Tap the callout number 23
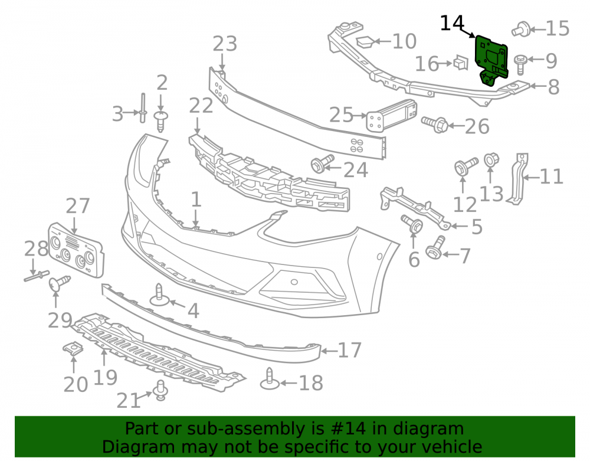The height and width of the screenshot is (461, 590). point(225,44)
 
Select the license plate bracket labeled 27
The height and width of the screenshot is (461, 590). point(76,250)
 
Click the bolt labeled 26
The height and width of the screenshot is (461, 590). point(435,124)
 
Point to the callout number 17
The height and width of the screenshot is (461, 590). point(349,350)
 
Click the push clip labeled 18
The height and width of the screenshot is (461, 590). point(270,379)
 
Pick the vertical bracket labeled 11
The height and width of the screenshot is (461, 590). point(519,179)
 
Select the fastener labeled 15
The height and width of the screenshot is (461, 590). point(521,29)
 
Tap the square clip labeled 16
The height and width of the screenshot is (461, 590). point(461,63)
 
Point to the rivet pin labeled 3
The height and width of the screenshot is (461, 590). point(143,108)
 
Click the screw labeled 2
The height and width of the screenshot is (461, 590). point(161,121)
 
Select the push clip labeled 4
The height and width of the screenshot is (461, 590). point(159,295)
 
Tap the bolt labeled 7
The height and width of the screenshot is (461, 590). point(435,247)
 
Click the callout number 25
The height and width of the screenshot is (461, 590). point(341,115)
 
